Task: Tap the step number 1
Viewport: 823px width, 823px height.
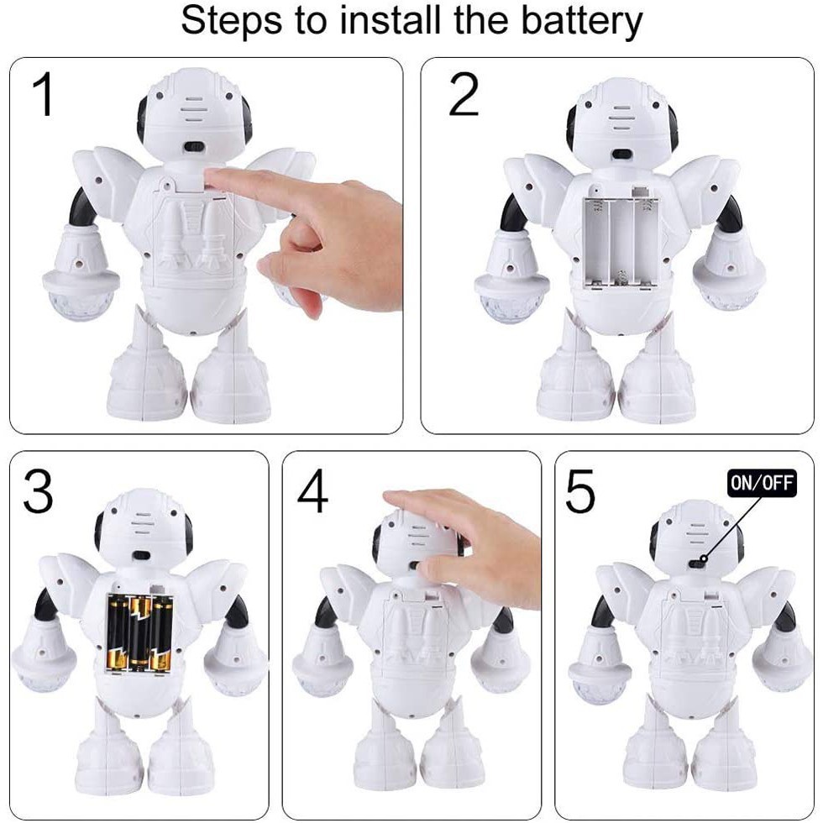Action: [46, 95]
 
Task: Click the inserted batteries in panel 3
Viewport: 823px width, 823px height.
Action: [139, 632]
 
